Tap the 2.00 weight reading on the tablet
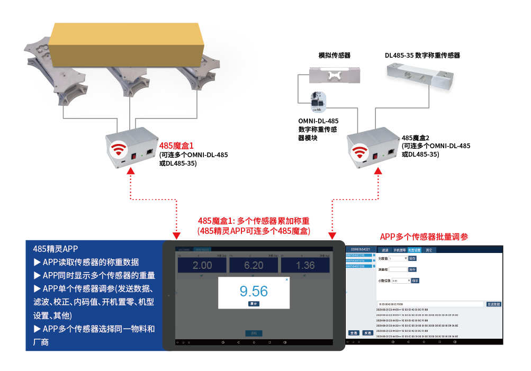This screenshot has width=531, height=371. click(202, 265)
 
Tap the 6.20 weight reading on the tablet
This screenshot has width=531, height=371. click(254, 265)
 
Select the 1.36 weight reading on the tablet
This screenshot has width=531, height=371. click(305, 265)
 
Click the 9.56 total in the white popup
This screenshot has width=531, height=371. click(254, 291)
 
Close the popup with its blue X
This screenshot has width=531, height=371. click(287, 279)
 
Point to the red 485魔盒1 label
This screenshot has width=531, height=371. click(176, 144)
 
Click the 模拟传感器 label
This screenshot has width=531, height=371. click(334, 56)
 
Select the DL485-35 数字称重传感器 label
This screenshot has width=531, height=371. click(422, 55)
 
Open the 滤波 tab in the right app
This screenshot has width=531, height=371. click(385, 249)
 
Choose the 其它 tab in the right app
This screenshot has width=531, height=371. click(429, 249)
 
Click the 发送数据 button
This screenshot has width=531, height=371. click(493, 304)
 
